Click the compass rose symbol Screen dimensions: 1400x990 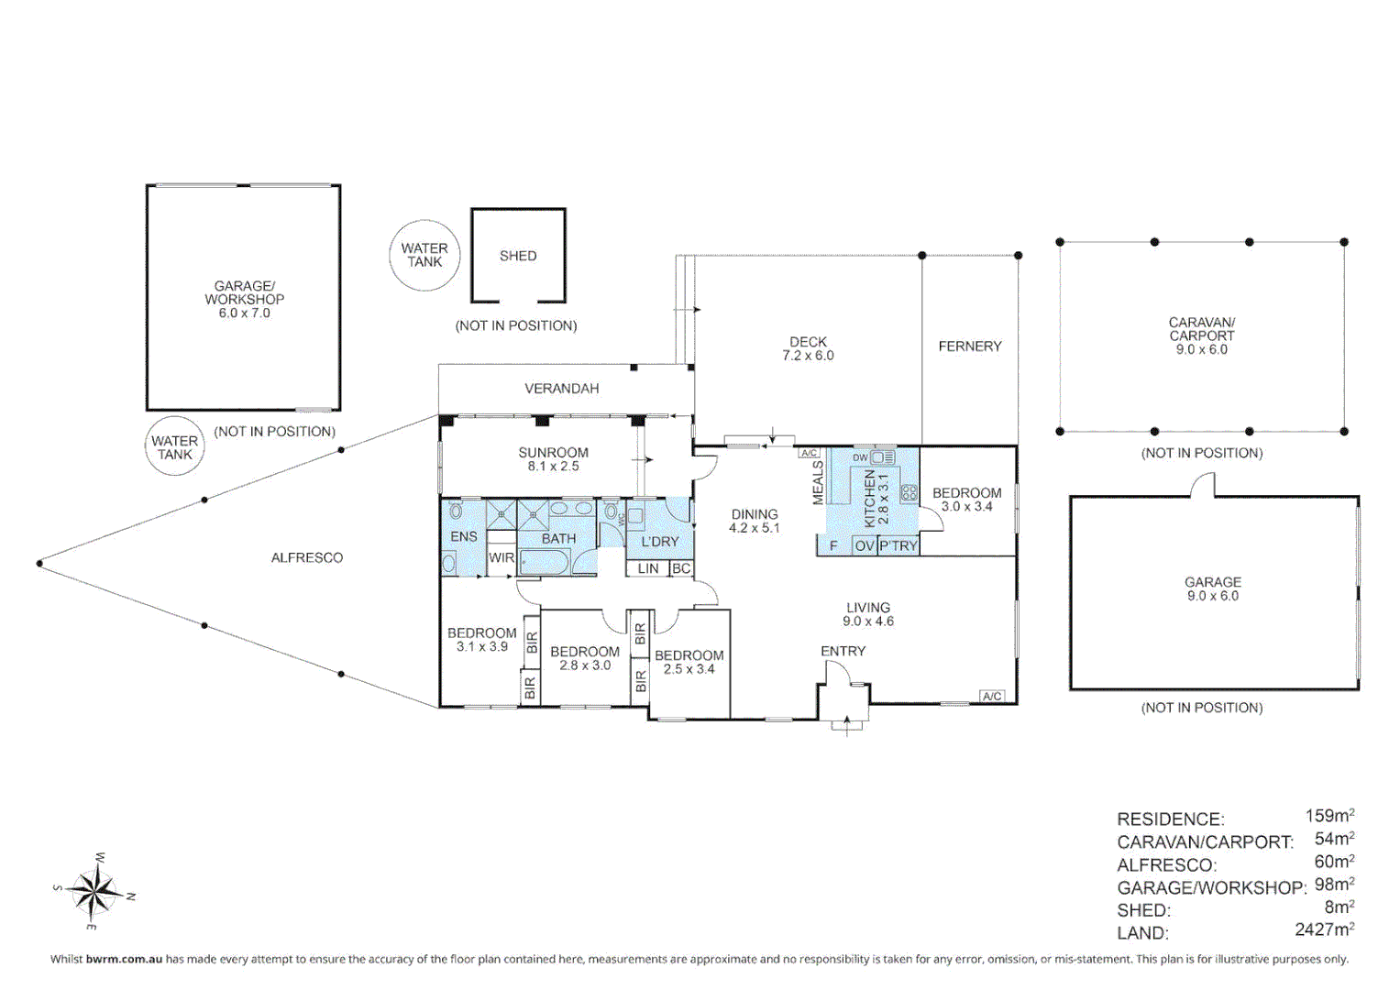point(94,891)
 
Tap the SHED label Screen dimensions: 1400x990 point(518,257)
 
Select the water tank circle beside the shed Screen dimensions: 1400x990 point(425,256)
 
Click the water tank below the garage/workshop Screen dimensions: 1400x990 point(175,446)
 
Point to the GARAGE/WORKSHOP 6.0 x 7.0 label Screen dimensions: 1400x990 point(245,300)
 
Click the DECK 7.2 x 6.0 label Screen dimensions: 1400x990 point(808,348)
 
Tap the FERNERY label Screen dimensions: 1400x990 point(970,346)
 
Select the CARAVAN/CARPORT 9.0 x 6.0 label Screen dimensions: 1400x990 point(1202,336)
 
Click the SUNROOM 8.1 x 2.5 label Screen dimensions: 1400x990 point(553,459)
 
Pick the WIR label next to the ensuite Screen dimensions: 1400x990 point(502,557)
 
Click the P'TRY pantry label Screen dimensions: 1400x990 point(898,546)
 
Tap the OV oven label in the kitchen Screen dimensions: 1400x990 point(865,546)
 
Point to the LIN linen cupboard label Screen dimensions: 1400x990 point(648,568)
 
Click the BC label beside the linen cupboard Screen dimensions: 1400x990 point(680,568)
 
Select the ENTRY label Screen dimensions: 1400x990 point(843,651)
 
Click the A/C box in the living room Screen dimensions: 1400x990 point(992,697)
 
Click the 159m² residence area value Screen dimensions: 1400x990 point(1329,816)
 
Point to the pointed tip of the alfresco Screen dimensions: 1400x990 point(39,564)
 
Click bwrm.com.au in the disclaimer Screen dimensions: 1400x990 point(125,960)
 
